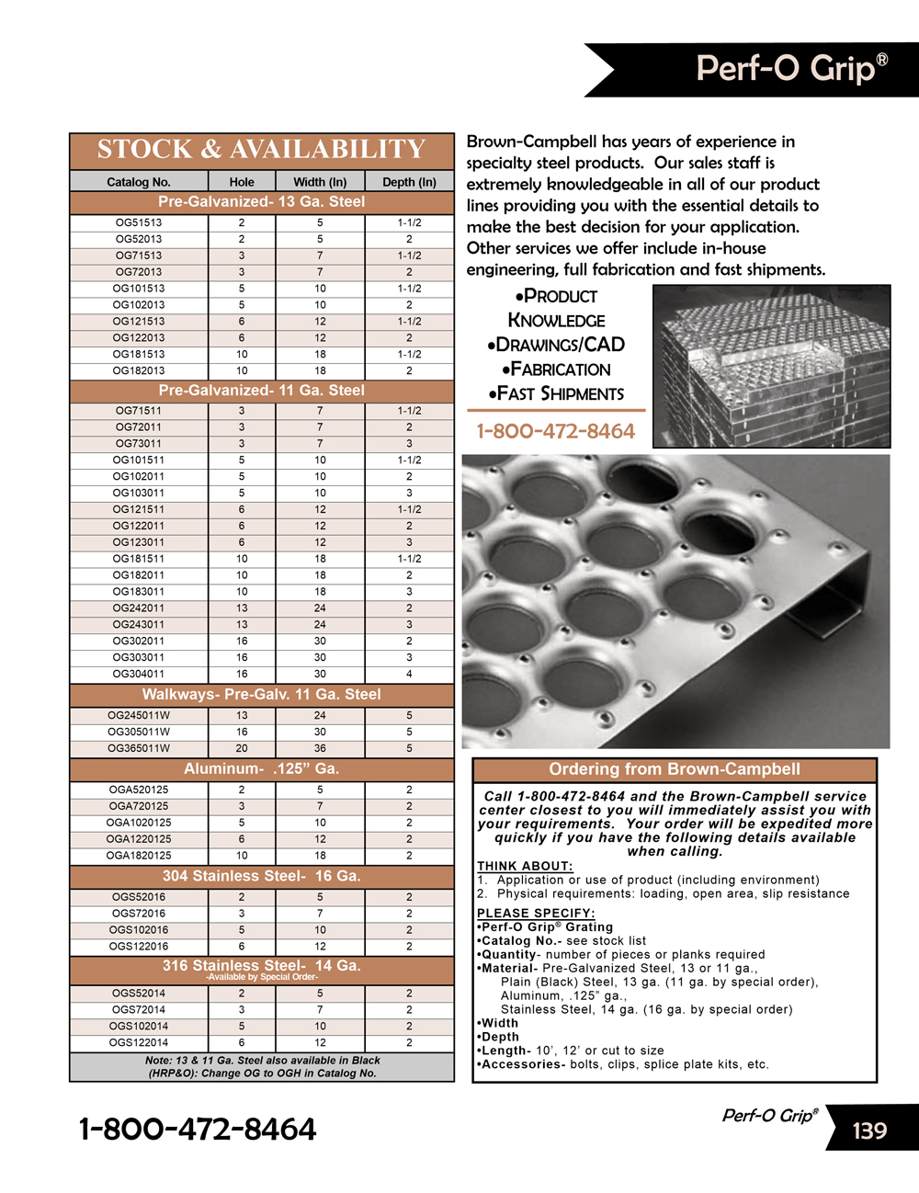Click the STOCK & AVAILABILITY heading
click(261, 150)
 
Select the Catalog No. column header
click(138, 182)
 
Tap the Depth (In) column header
click(409, 182)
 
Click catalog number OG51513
click(138, 222)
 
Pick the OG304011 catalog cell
click(138, 674)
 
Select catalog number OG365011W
click(138, 748)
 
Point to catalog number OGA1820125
click(138, 855)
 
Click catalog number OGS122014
click(138, 1042)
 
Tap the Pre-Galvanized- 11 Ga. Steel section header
click(261, 390)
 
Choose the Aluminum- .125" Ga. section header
click(261, 768)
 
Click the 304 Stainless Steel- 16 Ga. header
click(261, 876)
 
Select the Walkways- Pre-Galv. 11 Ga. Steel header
click(261, 694)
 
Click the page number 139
click(869, 1131)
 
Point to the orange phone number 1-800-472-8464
click(555, 431)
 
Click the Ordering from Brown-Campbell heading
click(675, 769)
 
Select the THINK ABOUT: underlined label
click(525, 866)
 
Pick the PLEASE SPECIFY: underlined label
click(536, 913)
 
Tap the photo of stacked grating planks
click(771, 365)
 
